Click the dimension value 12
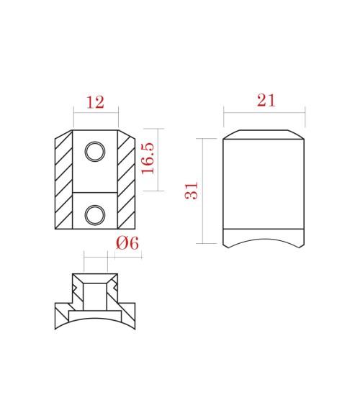(x=95, y=102)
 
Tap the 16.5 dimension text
(x=149, y=158)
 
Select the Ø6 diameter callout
(x=127, y=243)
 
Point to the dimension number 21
(x=266, y=101)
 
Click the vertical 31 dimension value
(x=192, y=191)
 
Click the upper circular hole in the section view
(x=94, y=151)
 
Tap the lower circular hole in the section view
(x=94, y=214)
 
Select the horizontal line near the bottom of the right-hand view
(x=264, y=229)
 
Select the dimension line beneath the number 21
(x=264, y=112)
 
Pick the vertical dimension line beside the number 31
(x=204, y=191)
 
